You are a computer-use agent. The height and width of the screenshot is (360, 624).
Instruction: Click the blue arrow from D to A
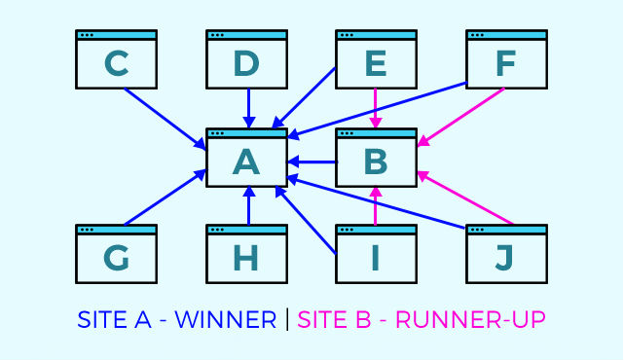[248, 107]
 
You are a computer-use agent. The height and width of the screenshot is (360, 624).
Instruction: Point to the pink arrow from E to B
[377, 107]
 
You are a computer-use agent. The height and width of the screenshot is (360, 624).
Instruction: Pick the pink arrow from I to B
[377, 205]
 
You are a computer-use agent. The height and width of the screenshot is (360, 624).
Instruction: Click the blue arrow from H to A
[248, 205]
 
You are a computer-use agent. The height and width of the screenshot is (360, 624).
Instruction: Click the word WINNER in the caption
[225, 319]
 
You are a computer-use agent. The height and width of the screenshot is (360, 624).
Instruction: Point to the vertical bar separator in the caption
[287, 319]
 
